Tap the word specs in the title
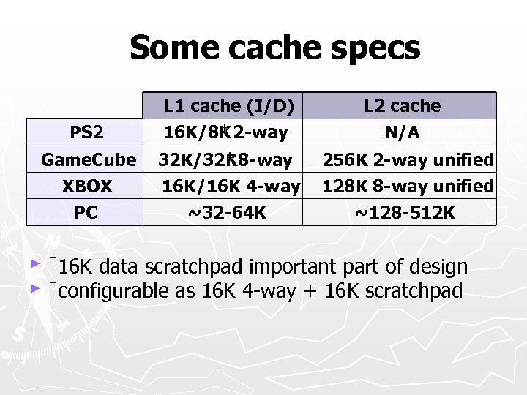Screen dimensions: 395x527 click(x=374, y=50)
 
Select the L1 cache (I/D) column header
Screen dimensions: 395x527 click(x=229, y=106)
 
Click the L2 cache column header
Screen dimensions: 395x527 click(x=403, y=106)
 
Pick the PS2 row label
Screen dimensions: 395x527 click(x=86, y=133)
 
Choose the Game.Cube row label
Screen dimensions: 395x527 click(x=89, y=159)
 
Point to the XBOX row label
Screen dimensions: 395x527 click(x=86, y=187)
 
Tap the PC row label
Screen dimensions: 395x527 click(x=86, y=213)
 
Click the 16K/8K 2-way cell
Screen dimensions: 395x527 click(x=224, y=133)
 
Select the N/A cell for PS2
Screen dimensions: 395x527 click(x=403, y=133)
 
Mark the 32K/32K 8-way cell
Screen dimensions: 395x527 click(x=226, y=159)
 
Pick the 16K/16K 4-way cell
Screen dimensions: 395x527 click(x=231, y=187)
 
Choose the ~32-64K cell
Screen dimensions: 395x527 click(x=227, y=213)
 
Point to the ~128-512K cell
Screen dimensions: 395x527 click(x=404, y=213)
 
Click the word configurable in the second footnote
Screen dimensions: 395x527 click(x=113, y=291)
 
